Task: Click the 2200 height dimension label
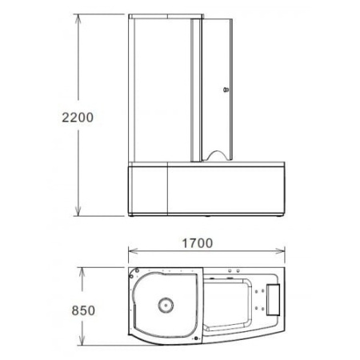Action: click(78, 118)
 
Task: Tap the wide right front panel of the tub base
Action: click(228, 192)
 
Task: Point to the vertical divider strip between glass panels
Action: click(194, 88)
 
